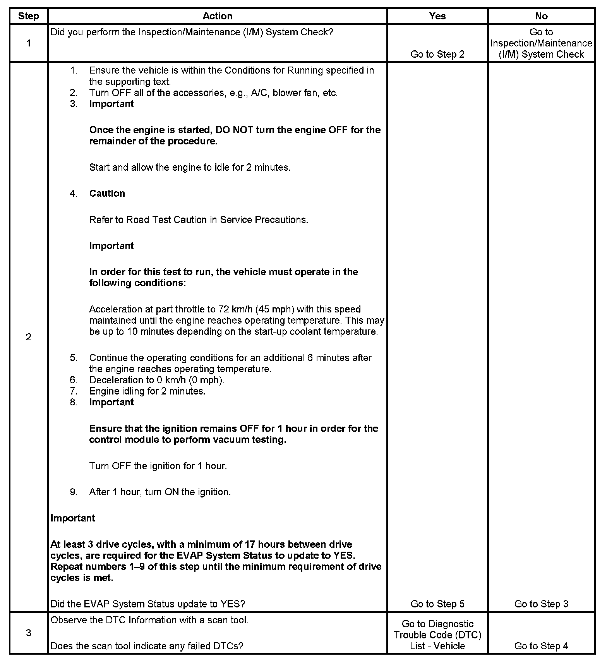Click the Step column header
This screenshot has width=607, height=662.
point(29,16)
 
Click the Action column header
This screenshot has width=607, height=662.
point(217,16)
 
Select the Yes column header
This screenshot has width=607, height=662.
point(437,16)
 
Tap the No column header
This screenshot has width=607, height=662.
point(541,16)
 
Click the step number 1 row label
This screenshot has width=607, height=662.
point(29,43)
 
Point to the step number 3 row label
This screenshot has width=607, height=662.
point(29,633)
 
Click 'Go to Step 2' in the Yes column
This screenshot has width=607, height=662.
point(437,54)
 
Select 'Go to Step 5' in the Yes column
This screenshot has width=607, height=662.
point(437,604)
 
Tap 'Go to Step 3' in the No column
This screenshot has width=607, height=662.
point(541,604)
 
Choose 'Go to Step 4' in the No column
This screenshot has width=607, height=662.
point(541,646)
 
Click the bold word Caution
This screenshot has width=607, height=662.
point(107,194)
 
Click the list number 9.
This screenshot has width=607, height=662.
point(74,492)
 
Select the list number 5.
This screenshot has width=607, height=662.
point(74,358)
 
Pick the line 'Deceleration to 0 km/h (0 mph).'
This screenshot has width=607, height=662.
point(157,380)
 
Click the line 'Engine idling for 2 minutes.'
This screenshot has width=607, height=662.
point(147,391)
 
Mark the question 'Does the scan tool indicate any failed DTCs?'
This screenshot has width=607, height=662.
point(147,646)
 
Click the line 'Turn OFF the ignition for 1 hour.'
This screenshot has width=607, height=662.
point(158,466)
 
